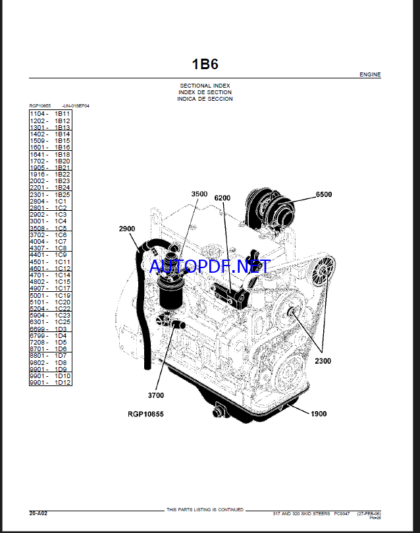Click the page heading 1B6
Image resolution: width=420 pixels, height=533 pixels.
[205, 64]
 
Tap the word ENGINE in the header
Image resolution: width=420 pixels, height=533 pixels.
[370, 75]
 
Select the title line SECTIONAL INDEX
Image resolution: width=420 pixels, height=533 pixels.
[205, 86]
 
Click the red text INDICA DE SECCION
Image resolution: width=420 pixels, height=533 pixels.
[205, 99]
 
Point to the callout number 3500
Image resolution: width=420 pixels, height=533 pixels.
[199, 194]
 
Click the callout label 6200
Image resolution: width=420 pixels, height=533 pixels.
[222, 198]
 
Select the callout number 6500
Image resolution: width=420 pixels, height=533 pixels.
[324, 194]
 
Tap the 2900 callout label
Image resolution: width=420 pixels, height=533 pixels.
[127, 229]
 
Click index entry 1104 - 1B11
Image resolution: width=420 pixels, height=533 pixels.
[50, 114]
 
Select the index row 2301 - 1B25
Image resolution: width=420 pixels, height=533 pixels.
[50, 194]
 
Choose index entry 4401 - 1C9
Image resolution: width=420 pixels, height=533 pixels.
[50, 255]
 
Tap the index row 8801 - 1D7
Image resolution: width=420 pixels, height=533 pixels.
[50, 356]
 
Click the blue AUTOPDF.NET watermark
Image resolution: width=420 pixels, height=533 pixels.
[210, 267]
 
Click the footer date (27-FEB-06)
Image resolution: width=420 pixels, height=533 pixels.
[369, 513]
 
